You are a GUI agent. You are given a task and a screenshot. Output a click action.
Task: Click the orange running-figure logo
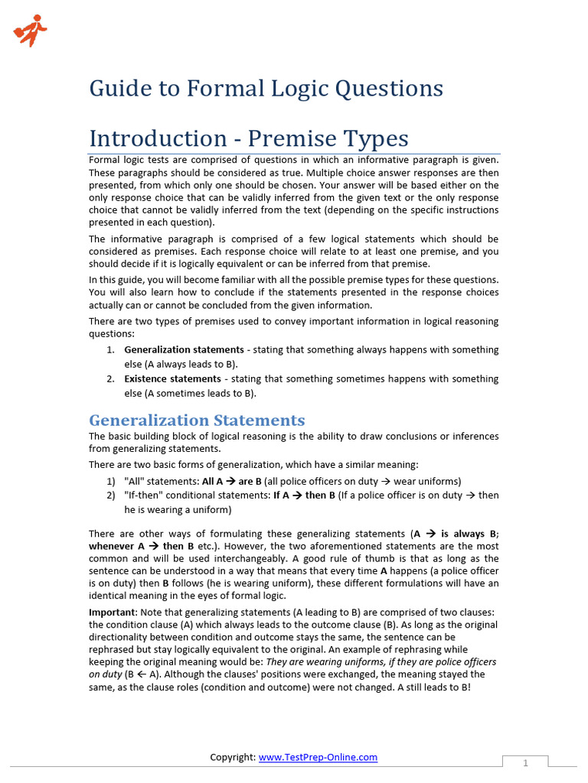point(30,31)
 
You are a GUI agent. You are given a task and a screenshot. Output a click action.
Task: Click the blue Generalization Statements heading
point(197,420)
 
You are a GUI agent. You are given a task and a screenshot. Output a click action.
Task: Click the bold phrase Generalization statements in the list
point(184,350)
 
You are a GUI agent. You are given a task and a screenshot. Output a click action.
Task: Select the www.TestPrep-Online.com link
point(318,757)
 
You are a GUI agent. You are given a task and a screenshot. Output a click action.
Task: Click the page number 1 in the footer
point(526,763)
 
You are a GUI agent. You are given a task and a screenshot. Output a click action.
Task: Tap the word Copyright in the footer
point(232,757)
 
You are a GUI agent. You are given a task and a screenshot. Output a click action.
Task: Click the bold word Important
point(111,612)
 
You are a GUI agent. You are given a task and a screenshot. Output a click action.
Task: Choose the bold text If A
point(281,495)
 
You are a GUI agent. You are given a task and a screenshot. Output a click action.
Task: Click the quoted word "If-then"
point(144,495)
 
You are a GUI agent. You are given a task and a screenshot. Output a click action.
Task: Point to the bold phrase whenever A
point(116,547)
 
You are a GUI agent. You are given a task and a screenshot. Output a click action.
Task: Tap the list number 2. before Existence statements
point(110,379)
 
